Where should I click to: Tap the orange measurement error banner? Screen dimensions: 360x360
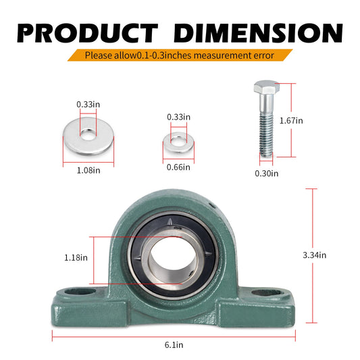click(180, 55)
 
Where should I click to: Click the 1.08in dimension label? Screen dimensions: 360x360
click(87, 171)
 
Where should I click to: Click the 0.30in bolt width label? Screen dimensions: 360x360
click(265, 174)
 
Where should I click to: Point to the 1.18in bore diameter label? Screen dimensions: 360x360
click(76, 257)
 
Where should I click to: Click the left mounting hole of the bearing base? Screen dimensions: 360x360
click(87, 292)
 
